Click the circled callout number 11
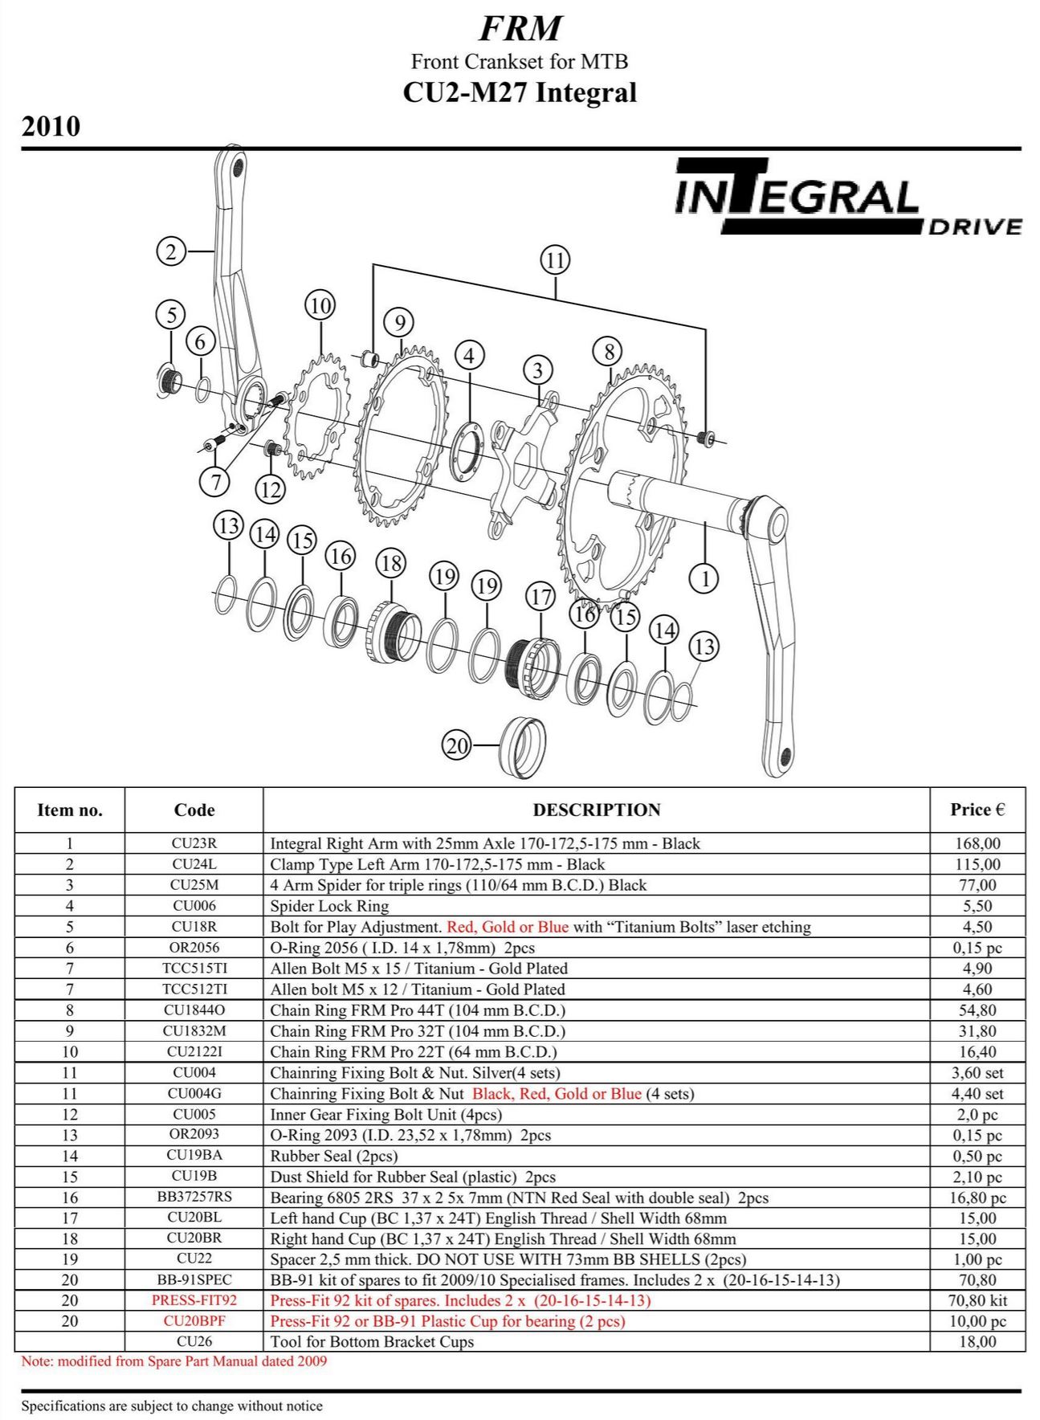555,260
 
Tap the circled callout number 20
457,745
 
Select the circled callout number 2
170,251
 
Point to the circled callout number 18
390,563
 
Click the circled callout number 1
704,577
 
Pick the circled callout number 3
537,370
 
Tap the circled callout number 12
270,489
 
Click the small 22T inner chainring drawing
318,418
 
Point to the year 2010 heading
51,127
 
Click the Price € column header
977,810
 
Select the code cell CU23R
194,843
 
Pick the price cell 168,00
977,843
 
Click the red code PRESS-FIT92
194,1300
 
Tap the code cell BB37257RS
194,1197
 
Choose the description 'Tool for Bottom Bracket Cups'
372,1342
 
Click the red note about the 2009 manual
174,1361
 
